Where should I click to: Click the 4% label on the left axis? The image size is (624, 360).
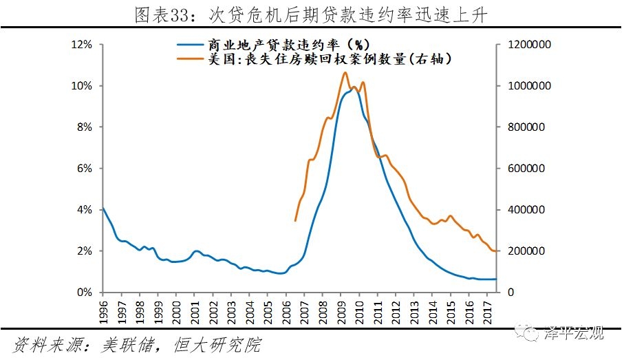tap(84, 210)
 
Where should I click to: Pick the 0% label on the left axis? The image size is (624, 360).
tap(84, 293)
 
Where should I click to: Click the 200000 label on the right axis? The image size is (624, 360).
tap(529, 251)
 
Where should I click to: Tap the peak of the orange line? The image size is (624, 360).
tap(345, 72)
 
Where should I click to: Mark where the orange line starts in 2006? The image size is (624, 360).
tap(295, 220)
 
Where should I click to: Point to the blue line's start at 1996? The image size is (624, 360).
tap(103, 208)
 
